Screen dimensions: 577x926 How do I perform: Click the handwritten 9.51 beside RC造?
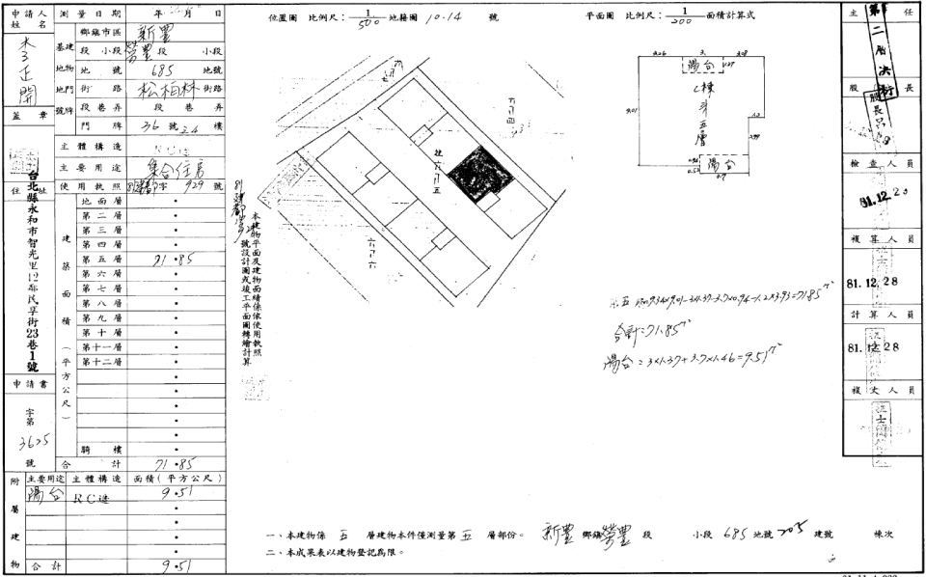(x=175, y=495)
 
